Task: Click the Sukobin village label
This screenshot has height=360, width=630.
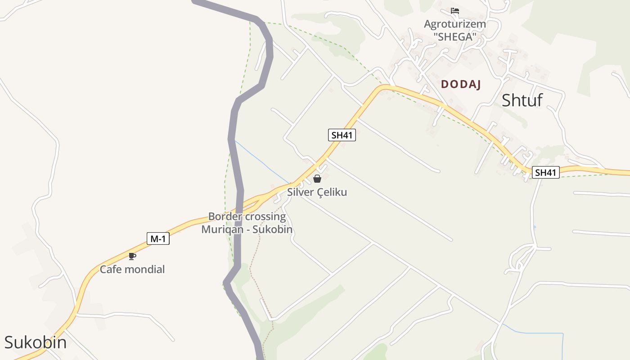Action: (35, 342)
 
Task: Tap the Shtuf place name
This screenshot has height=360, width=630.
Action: (522, 100)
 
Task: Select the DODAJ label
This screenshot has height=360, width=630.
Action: (461, 84)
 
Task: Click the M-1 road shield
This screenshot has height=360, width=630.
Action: (158, 239)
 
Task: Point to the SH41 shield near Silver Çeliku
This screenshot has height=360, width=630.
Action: (342, 135)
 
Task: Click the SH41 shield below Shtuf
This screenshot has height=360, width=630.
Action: (545, 172)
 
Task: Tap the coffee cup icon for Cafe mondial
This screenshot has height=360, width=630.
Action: (132, 256)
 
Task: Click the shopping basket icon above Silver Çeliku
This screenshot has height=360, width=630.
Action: (317, 179)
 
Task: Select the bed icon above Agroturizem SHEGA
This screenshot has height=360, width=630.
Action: (455, 11)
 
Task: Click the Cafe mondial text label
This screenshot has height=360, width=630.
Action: (132, 270)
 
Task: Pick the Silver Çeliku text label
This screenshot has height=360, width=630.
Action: (317, 192)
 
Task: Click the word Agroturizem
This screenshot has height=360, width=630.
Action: (455, 24)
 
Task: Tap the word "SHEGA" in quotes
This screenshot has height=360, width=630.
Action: (455, 37)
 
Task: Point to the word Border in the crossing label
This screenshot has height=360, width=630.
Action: (224, 216)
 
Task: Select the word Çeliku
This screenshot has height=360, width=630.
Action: (332, 192)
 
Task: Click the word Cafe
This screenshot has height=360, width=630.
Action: (110, 270)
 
